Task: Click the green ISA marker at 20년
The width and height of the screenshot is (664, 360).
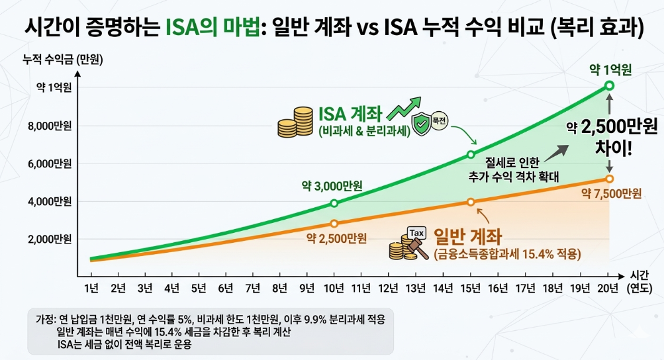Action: coord(609,85)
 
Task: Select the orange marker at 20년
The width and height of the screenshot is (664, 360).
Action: coord(609,179)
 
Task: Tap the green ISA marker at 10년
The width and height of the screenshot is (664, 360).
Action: coord(334,203)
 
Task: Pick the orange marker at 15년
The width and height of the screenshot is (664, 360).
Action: coord(471,202)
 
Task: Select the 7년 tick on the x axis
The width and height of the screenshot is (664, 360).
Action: coord(252,289)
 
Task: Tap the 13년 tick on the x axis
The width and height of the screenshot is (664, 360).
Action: coord(415,289)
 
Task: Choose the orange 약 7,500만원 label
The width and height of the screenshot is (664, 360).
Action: coord(611,193)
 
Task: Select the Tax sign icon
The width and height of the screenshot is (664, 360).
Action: coord(417,234)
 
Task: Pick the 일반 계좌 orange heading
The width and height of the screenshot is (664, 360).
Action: coord(467,236)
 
